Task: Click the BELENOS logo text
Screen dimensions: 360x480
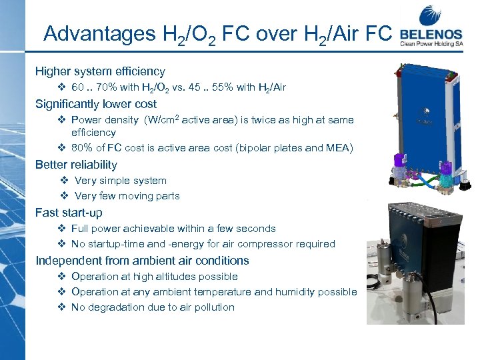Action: pyautogui.click(x=432, y=33)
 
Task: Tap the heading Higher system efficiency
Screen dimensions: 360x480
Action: pyautogui.click(x=100, y=71)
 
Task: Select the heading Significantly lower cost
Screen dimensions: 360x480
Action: pyautogui.click(x=96, y=104)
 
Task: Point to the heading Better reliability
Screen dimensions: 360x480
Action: pyautogui.click(x=76, y=165)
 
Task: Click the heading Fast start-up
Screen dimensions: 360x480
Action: pyautogui.click(x=69, y=213)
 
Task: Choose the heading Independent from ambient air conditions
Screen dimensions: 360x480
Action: pyautogui.click(x=142, y=261)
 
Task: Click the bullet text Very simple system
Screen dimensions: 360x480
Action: pyautogui.click(x=121, y=181)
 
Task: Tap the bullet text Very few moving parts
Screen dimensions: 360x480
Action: pyautogui.click(x=127, y=196)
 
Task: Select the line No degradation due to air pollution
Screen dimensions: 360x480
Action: pyautogui.click(x=153, y=307)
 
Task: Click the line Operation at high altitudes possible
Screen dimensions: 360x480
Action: pyautogui.click(x=154, y=277)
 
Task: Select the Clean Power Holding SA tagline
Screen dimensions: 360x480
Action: pyautogui.click(x=432, y=45)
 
